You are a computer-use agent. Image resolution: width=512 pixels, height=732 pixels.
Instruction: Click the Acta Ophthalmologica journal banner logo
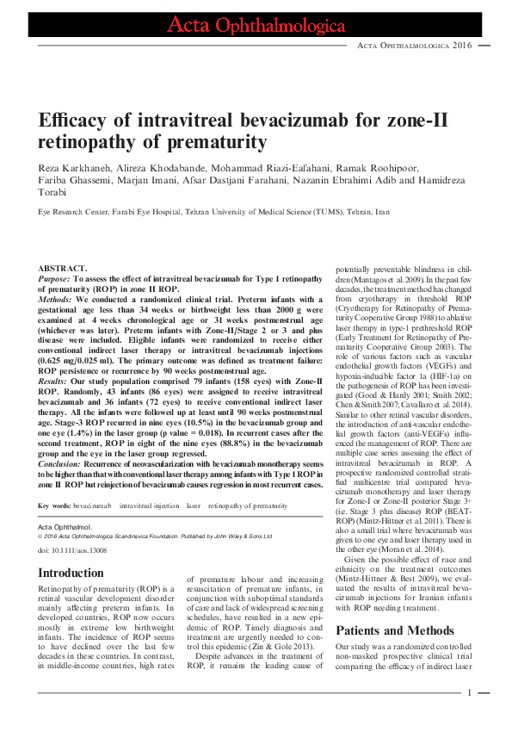pyautogui.click(x=256, y=26)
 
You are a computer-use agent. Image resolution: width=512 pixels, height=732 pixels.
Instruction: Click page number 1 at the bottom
pyautogui.click(x=470, y=692)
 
